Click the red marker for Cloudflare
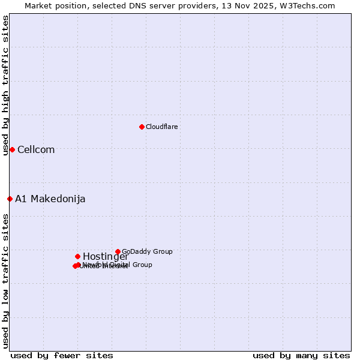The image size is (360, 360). tap(142, 127)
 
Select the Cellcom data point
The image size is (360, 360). tap(12, 149)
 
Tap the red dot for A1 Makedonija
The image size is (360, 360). tap(10, 199)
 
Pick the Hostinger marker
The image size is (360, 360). tap(77, 256)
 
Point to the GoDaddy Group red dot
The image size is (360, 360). tap(118, 251)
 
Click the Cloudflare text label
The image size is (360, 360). tap(162, 127)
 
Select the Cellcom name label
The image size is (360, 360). tap(36, 150)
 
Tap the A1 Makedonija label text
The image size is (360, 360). tap(50, 199)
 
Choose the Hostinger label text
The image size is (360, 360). tap(106, 257)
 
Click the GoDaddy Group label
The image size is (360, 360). tap(147, 251)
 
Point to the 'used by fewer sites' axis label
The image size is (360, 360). tap(62, 355)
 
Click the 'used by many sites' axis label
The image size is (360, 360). tap(301, 355)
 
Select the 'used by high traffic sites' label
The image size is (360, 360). tap(5, 86)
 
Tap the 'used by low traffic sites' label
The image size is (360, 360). tap(5, 280)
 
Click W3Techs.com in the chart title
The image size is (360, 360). tap(308, 5)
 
